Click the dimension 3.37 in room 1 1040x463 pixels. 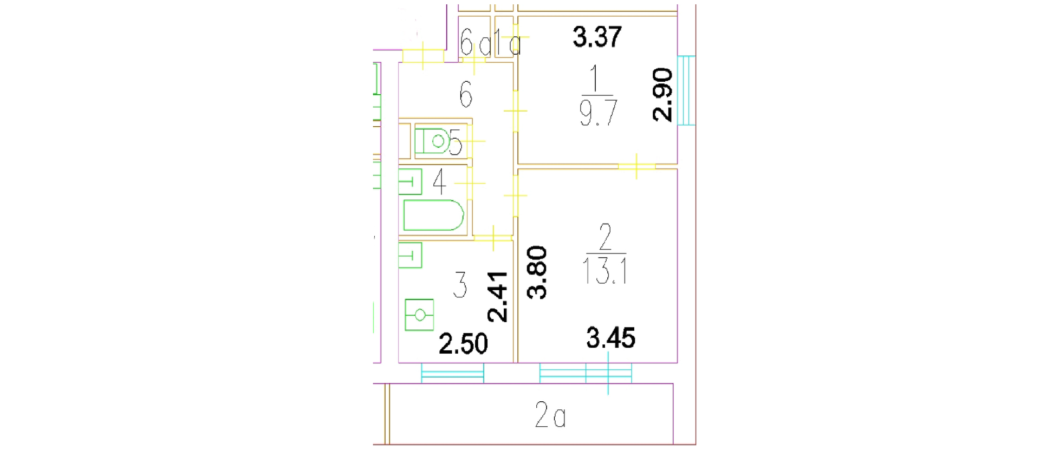click(x=597, y=37)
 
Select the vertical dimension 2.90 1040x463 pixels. click(x=662, y=95)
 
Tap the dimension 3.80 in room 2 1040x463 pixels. click(x=537, y=272)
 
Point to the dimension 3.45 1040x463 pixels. click(x=610, y=338)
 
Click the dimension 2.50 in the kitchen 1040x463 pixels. click(x=463, y=344)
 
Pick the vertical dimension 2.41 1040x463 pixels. click(x=497, y=297)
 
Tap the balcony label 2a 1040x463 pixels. click(x=550, y=416)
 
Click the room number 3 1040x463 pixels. click(x=460, y=285)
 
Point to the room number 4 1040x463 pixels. click(x=439, y=181)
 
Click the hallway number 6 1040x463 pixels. click(x=466, y=94)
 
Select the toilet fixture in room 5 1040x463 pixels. click(x=433, y=141)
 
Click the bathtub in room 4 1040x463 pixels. click(x=433, y=215)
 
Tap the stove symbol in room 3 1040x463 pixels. click(x=419, y=315)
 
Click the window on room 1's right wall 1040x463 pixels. click(x=686, y=90)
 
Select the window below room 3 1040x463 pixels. click(x=452, y=373)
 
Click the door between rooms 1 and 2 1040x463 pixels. click(x=637, y=166)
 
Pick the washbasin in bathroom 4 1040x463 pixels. click(x=410, y=182)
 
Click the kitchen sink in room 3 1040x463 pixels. click(x=410, y=255)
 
